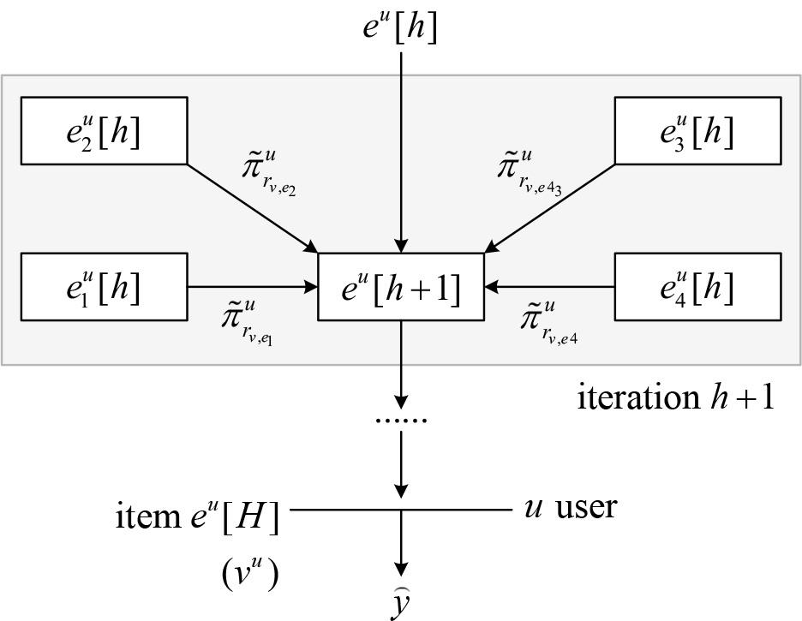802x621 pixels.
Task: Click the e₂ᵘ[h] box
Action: click(103, 130)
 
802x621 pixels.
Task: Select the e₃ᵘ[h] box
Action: click(697, 130)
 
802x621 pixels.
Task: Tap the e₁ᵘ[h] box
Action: click(103, 287)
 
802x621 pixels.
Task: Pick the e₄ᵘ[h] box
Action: click(697, 287)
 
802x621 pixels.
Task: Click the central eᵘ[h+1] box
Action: click(400, 287)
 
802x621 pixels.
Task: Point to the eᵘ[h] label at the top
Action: click(400, 27)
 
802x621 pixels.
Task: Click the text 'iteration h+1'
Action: click(675, 397)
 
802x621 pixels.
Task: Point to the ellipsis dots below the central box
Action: click(400, 420)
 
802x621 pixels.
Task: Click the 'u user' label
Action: click(569, 507)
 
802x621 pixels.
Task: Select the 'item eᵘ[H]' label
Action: click(197, 516)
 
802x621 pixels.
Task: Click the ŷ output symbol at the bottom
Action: click(400, 604)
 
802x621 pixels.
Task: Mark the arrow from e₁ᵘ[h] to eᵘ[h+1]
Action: click(252, 287)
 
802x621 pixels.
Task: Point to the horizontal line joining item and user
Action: click(343, 511)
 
